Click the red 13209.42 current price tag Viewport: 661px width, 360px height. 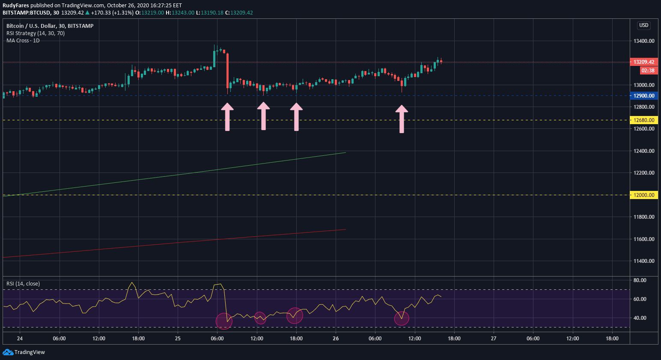pos(644,62)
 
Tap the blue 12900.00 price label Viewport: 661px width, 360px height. pos(644,96)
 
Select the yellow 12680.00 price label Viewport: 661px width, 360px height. pos(644,120)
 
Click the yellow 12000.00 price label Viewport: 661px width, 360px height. pos(644,195)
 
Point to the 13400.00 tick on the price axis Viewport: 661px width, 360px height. pos(644,41)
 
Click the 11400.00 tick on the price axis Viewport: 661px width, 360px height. pos(644,261)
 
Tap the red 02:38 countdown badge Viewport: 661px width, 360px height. pos(648,71)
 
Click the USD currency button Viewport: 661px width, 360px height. pos(644,25)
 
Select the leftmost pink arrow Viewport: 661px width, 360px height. pos(227,116)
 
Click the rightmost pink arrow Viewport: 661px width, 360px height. pos(402,119)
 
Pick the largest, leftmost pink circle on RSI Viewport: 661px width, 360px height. pos(224,321)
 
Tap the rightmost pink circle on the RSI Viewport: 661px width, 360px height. pos(402,318)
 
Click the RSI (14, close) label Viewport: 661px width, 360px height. pos(23,284)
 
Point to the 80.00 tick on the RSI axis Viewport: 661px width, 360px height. pos(640,280)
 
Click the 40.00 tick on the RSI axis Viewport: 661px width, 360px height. pos(640,318)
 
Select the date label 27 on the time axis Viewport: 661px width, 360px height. pos(494,339)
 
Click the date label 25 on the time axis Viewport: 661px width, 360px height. pos(178,339)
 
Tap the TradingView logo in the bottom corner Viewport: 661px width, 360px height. pos(24,352)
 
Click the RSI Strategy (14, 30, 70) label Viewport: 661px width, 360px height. pos(36,33)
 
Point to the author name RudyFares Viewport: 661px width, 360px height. pos(16,6)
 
